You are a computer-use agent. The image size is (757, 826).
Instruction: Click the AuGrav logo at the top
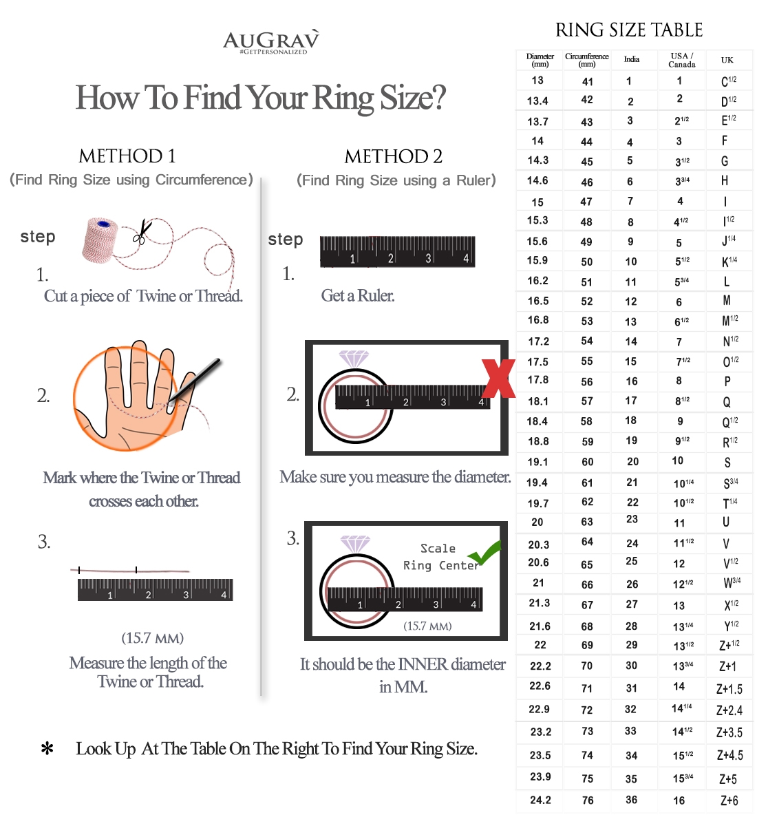click(x=271, y=41)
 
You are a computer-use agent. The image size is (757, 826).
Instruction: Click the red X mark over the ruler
click(x=499, y=378)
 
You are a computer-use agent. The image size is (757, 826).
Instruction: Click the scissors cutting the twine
click(x=142, y=232)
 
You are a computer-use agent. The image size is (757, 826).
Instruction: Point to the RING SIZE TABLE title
click(x=629, y=30)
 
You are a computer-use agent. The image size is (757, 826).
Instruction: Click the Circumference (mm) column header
click(x=587, y=60)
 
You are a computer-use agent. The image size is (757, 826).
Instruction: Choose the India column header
click(x=632, y=60)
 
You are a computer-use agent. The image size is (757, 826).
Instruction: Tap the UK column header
click(x=727, y=61)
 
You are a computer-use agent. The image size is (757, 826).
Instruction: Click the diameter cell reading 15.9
click(x=537, y=261)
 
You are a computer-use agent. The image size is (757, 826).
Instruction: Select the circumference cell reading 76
click(x=587, y=801)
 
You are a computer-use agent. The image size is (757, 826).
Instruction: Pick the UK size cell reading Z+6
click(x=729, y=801)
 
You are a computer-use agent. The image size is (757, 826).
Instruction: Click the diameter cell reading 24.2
click(x=540, y=801)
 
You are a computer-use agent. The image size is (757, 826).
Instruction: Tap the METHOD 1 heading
click(x=127, y=156)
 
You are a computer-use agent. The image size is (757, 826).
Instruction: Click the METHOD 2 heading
click(x=394, y=157)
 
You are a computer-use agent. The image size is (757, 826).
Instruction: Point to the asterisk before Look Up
click(x=47, y=750)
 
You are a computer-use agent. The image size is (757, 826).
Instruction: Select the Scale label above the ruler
click(x=438, y=549)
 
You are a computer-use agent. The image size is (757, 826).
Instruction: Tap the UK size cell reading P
click(x=727, y=381)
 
